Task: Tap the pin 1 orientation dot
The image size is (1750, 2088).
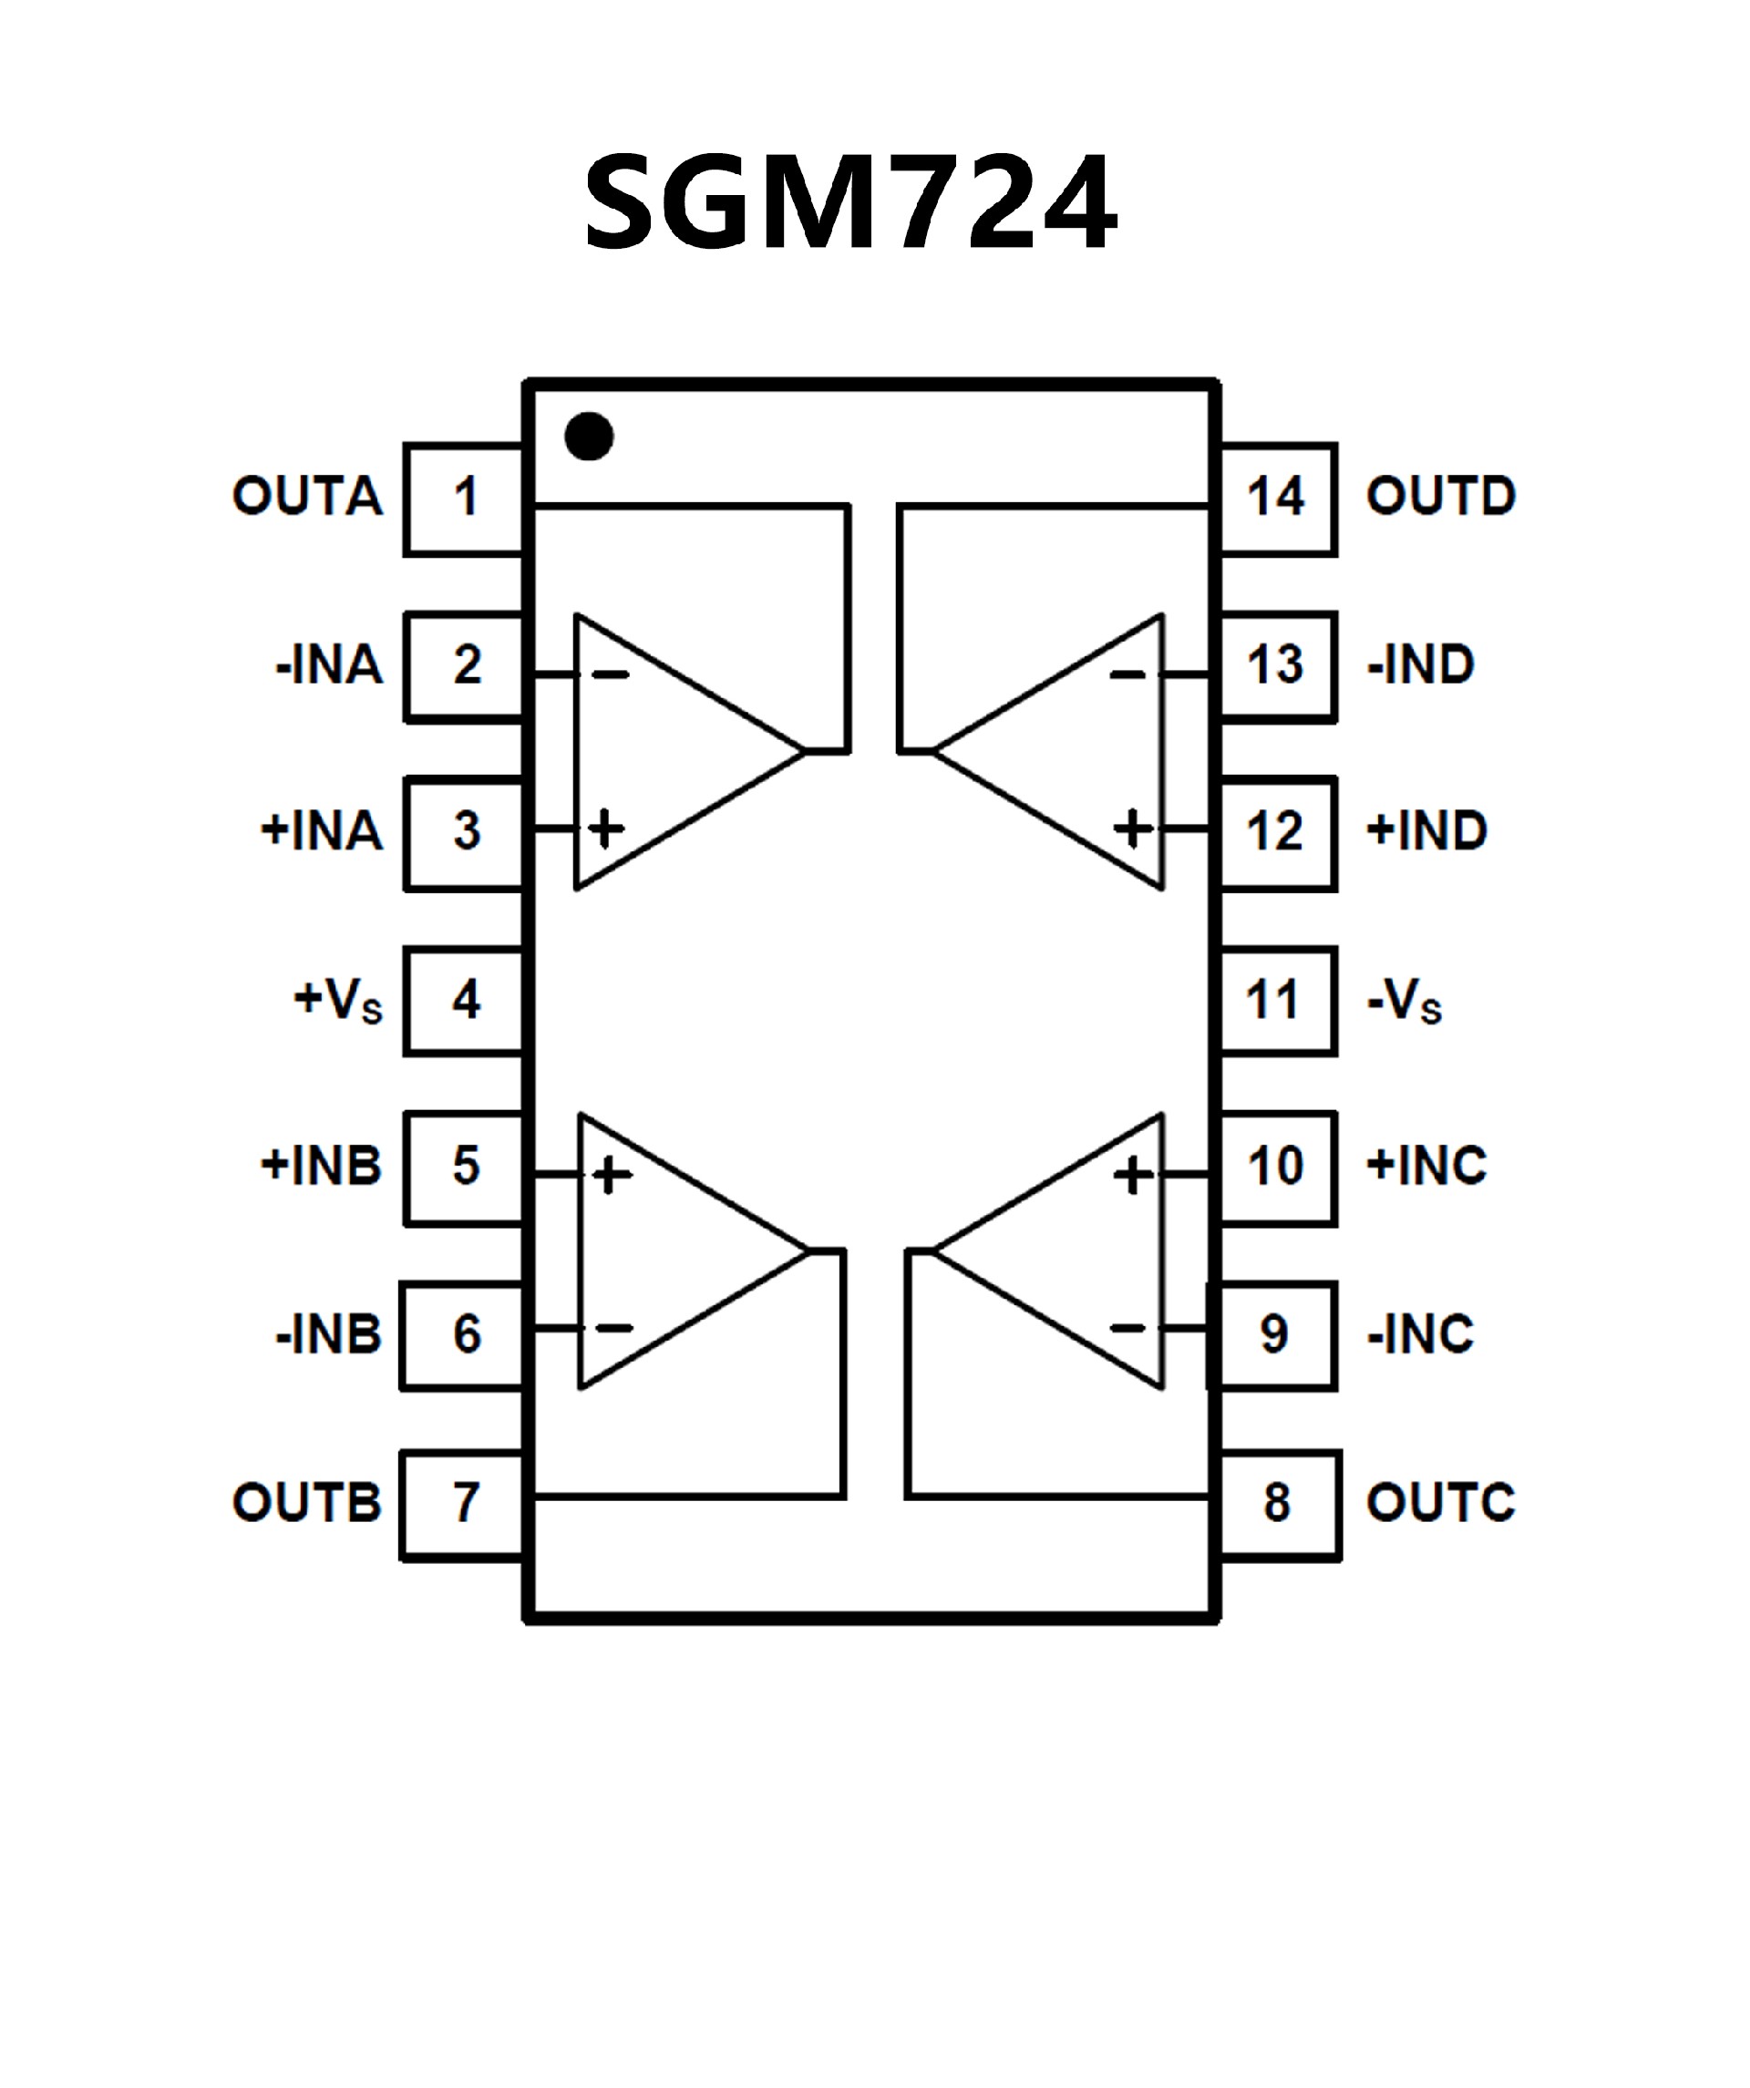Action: (x=589, y=437)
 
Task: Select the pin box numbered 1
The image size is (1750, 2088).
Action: (x=464, y=499)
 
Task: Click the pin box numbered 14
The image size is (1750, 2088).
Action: (x=1277, y=499)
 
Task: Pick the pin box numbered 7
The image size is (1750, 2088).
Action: (x=463, y=1505)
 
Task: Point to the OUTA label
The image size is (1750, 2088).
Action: (x=307, y=496)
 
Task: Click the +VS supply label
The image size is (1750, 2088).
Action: (x=338, y=999)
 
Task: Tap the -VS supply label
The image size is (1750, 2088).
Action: (x=1404, y=999)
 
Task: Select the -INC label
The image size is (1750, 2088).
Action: (x=1420, y=1334)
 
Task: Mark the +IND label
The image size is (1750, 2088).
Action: (x=1426, y=830)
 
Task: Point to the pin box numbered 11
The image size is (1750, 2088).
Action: (x=1277, y=1000)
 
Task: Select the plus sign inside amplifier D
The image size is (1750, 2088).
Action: (x=1131, y=828)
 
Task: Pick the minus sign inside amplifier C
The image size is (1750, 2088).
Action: (x=1127, y=1327)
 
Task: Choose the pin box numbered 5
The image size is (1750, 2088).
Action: (x=464, y=1167)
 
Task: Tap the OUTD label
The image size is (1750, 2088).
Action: (x=1441, y=496)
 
